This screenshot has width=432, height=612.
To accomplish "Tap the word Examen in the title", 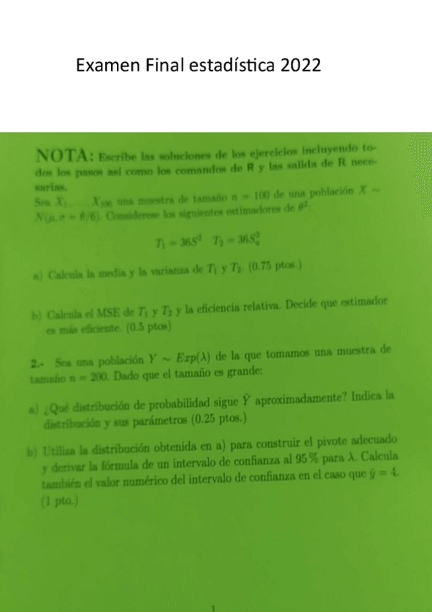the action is click(x=107, y=66).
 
